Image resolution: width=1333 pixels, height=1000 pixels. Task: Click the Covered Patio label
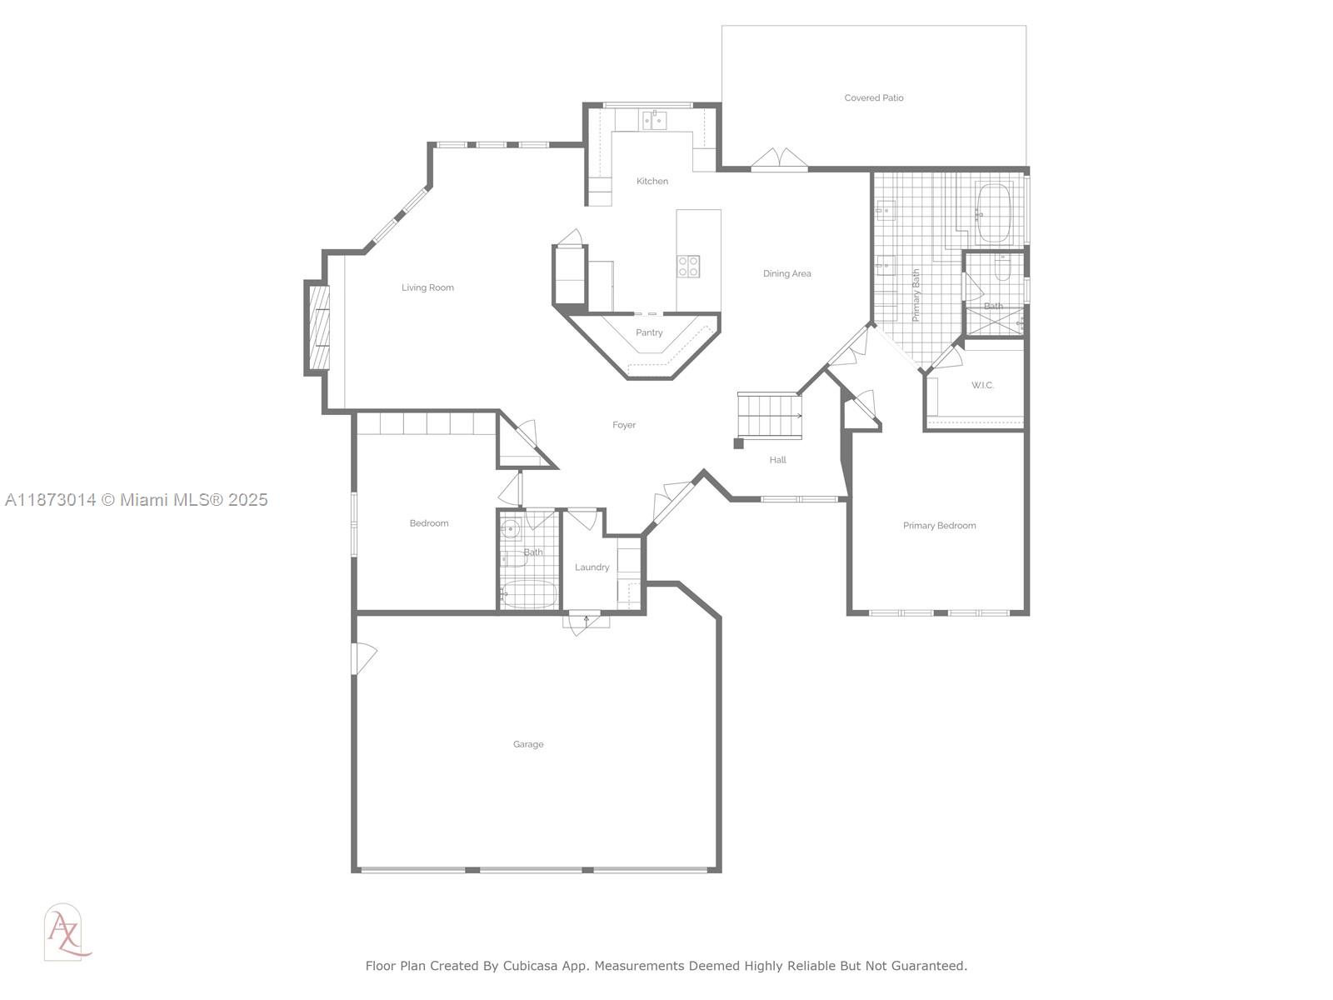tap(873, 98)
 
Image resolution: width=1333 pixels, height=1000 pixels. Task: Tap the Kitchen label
tap(652, 182)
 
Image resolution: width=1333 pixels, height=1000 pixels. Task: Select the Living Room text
tap(427, 288)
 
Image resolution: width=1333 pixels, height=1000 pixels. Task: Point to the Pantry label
tap(649, 333)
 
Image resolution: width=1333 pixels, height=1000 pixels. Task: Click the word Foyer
tap(624, 426)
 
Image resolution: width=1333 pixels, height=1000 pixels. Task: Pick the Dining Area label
tap(786, 274)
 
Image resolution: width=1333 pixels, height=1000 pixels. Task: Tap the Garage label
tap(528, 745)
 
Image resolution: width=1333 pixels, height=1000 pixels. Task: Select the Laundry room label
tap(592, 567)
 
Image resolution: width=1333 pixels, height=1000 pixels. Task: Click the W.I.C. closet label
tap(982, 386)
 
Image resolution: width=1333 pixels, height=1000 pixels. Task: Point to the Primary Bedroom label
tap(939, 526)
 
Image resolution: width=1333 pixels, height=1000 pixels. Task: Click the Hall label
tap(777, 460)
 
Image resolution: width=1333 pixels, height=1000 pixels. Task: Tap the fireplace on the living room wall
tap(317, 328)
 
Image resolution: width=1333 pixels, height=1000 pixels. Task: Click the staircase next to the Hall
tap(769, 416)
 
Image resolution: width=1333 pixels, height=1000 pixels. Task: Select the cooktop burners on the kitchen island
tap(688, 267)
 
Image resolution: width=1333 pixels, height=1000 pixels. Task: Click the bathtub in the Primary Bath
tap(992, 213)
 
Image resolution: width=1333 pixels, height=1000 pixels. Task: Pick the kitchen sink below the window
tap(654, 121)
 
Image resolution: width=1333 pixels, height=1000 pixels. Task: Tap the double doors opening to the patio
tap(779, 160)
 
